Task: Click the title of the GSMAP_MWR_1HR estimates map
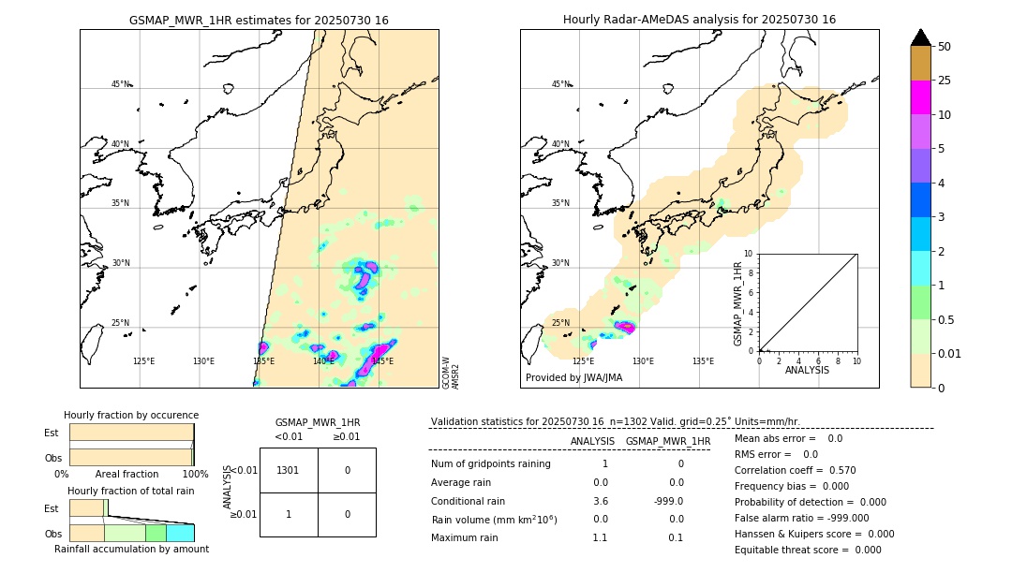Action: point(259,20)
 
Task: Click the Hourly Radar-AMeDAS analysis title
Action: point(699,20)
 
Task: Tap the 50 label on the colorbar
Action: point(945,47)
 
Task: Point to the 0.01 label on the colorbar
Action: point(950,353)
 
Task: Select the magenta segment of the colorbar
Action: point(920,97)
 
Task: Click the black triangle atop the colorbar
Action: point(920,37)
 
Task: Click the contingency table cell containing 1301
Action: point(289,470)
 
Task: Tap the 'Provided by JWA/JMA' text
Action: point(573,377)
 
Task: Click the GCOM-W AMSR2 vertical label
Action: point(450,372)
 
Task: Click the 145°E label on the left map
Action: point(381,360)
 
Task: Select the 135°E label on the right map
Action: point(703,360)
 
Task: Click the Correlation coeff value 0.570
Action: point(835,470)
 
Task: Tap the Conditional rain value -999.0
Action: point(668,501)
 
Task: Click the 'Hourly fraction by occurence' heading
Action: point(131,415)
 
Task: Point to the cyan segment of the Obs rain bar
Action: point(180,533)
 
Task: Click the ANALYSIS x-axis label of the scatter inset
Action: point(808,370)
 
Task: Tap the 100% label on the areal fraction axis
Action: point(194,475)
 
